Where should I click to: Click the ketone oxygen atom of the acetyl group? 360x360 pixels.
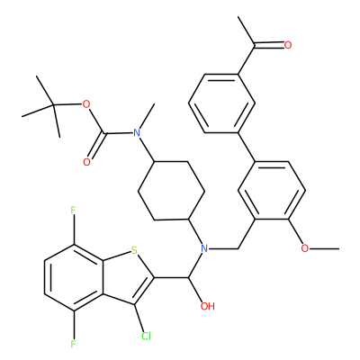(288, 45)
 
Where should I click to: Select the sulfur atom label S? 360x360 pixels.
(134, 249)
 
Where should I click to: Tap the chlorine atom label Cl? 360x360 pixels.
(146, 337)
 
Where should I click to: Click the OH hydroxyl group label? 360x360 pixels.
(207, 306)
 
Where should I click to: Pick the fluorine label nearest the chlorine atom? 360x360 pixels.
(74, 344)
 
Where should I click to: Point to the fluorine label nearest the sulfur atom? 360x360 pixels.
(74, 210)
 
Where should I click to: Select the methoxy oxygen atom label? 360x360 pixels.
(304, 248)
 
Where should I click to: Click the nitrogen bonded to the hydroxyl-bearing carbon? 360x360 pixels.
(204, 248)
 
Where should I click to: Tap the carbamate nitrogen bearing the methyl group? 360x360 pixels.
(137, 132)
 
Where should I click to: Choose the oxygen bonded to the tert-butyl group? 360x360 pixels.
(86, 104)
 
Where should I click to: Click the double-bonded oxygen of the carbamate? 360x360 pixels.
(86, 162)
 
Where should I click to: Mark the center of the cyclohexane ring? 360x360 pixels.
(171, 191)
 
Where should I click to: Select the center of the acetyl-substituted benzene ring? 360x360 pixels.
(222, 103)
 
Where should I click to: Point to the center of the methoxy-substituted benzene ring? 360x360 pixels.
(272, 191)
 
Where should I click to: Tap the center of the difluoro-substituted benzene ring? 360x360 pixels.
(74, 277)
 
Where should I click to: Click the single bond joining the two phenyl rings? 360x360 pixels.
(247, 148)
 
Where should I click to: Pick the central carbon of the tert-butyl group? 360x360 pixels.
(53, 105)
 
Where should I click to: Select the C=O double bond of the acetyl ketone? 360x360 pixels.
(269, 45)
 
